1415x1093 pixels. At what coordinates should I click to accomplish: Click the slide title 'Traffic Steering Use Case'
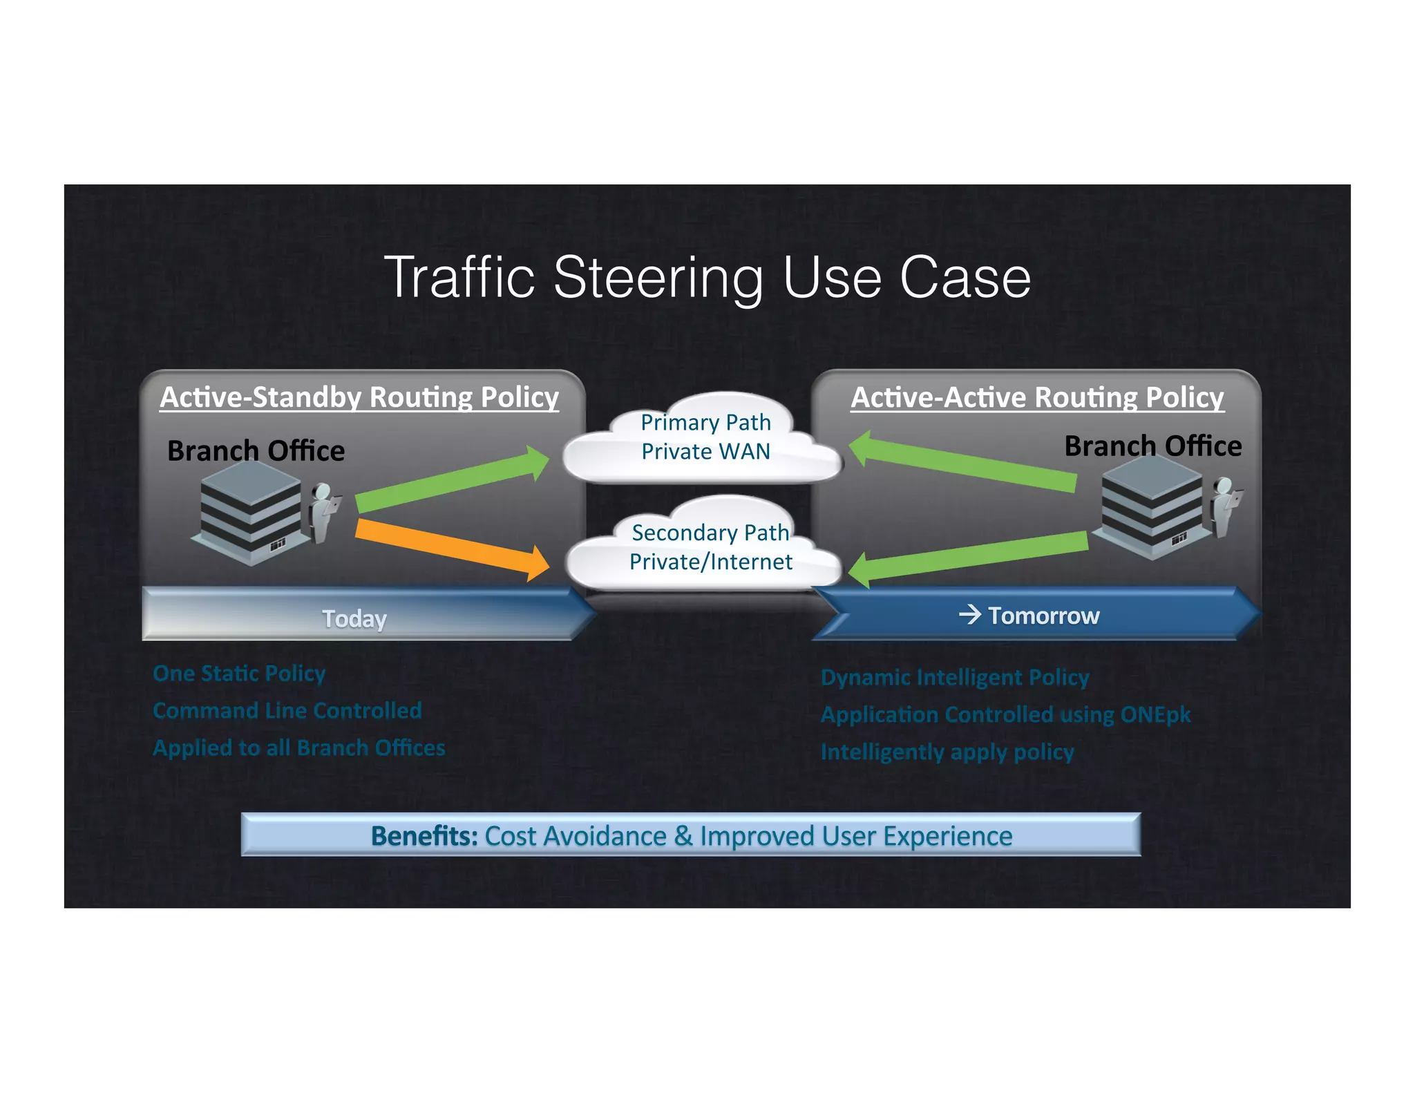tap(707, 278)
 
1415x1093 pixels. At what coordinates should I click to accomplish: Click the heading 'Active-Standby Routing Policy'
tap(359, 397)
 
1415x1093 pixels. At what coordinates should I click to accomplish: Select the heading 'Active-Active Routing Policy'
tap(1037, 397)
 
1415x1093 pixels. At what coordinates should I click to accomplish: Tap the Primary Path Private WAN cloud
tap(705, 438)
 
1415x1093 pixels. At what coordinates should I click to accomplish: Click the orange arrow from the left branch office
tap(449, 549)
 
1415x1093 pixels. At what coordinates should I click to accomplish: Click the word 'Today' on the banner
tap(354, 618)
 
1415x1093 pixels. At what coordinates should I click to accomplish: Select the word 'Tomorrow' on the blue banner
tap(1043, 615)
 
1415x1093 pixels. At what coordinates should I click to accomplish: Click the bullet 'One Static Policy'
tap(239, 673)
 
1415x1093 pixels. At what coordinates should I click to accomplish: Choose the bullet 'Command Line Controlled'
tap(287, 710)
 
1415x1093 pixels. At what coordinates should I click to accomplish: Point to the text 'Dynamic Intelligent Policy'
tap(955, 677)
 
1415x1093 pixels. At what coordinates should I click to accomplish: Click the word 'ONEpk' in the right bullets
tap(1155, 714)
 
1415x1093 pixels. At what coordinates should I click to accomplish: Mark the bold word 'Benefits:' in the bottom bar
tap(424, 836)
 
